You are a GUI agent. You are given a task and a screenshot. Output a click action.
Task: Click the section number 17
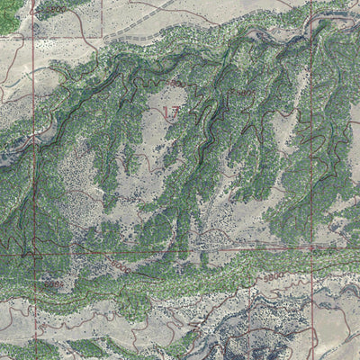tap(171, 111)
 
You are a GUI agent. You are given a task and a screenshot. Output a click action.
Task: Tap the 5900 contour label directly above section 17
tap(174, 83)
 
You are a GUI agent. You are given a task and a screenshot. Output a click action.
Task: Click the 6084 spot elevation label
tap(54, 283)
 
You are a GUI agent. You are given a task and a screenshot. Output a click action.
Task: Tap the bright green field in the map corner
tap(9, 16)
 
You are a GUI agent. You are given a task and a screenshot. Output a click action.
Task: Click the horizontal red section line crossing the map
tap(180, 249)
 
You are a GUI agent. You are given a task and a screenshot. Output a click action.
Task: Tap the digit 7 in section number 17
tap(175, 111)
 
